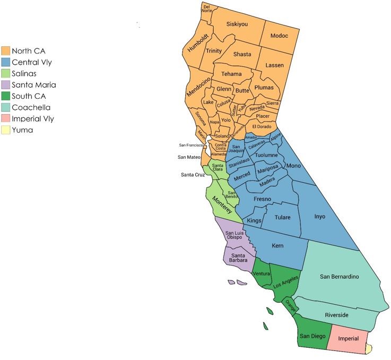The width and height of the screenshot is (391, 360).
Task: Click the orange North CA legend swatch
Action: click(6, 51)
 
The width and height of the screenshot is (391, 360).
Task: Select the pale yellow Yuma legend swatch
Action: click(6, 130)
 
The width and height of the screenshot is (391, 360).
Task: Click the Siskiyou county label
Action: click(237, 24)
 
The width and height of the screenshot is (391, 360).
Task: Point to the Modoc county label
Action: click(279, 36)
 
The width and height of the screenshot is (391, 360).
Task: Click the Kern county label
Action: click(277, 246)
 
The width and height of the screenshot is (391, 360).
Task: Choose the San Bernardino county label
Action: click(340, 277)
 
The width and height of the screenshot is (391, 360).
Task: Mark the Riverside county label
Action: click(336, 315)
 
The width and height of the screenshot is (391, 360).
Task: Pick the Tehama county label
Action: click(232, 74)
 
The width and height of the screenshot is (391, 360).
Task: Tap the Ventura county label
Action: click(262, 274)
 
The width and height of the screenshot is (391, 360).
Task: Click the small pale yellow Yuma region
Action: click(368, 348)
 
